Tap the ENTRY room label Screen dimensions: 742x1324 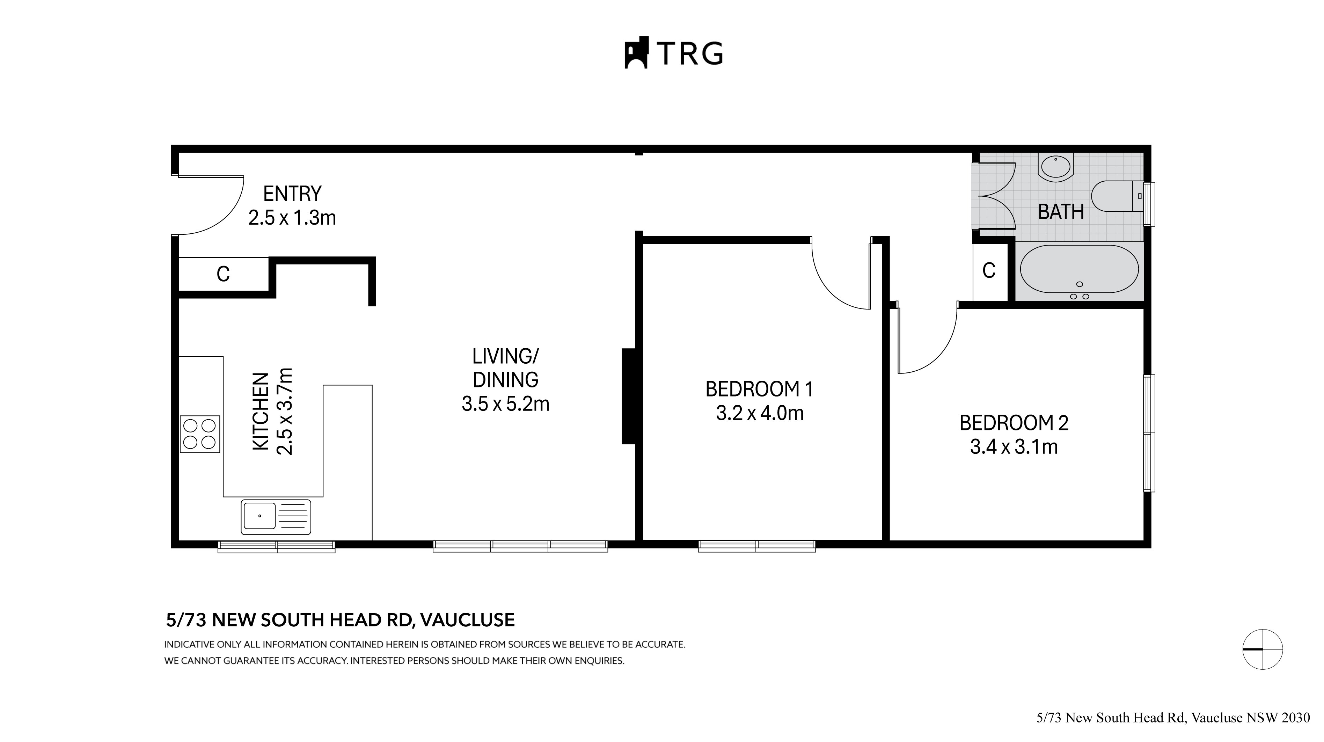tap(292, 194)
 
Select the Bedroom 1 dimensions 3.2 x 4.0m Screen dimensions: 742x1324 tap(759, 413)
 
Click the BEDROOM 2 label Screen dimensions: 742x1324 tap(1014, 423)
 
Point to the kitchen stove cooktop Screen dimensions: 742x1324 tap(200, 434)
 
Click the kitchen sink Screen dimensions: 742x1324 tap(276, 516)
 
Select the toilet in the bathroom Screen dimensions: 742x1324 tap(1115, 196)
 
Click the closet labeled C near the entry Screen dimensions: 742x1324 tap(223, 274)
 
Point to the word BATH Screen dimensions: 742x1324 tap(1060, 212)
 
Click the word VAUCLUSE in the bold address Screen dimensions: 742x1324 tap(467, 620)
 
